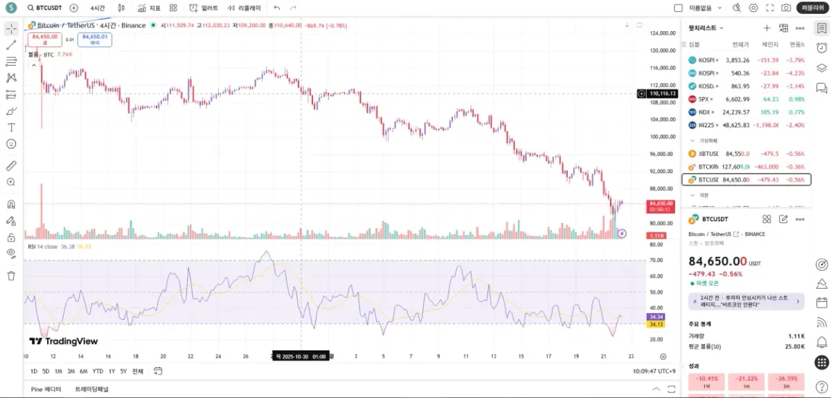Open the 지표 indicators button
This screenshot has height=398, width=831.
click(x=149, y=8)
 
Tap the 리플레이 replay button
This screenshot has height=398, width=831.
click(x=245, y=8)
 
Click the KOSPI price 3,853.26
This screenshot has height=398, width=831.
click(x=737, y=60)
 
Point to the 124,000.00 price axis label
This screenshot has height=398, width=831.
click(x=663, y=33)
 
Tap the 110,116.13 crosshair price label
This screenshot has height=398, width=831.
click(x=662, y=93)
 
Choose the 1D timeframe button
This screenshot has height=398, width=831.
click(x=34, y=371)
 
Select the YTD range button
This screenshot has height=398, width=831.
click(x=98, y=371)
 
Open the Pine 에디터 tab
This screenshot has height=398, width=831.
click(x=46, y=389)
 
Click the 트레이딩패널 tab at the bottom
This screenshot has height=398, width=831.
click(x=91, y=389)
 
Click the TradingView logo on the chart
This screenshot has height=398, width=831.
click(x=63, y=341)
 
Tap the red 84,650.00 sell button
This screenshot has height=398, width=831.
click(x=45, y=39)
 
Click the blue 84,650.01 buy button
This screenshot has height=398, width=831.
click(x=95, y=39)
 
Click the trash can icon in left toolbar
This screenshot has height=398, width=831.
click(x=11, y=276)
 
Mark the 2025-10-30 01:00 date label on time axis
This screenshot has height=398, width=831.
click(x=301, y=356)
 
